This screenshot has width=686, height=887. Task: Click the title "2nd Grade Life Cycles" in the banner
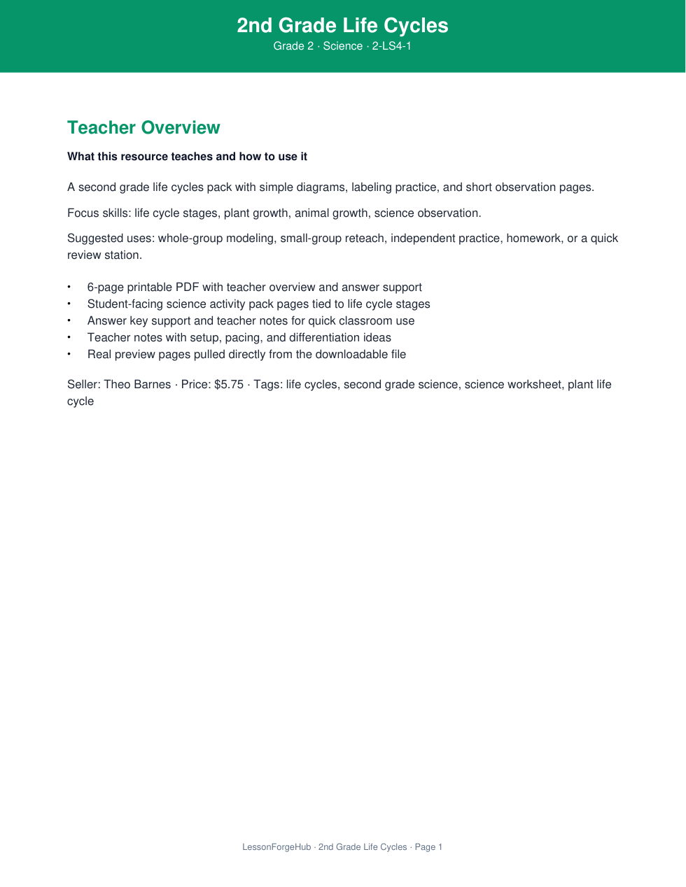pos(342,26)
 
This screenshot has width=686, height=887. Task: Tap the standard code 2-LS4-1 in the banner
pos(391,46)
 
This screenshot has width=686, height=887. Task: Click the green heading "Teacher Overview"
pos(143,128)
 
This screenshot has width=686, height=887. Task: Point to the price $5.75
pos(229,385)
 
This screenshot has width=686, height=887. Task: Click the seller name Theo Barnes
pos(137,385)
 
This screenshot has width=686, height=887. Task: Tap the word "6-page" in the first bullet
pos(106,288)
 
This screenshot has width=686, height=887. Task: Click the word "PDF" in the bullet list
pos(188,288)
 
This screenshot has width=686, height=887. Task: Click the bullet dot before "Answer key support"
pos(69,321)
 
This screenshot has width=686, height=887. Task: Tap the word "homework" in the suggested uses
pos(535,239)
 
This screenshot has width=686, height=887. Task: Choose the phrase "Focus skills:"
pos(99,213)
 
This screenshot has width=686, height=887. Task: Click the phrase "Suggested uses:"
pos(111,239)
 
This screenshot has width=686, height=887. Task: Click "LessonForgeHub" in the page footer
pos(276,847)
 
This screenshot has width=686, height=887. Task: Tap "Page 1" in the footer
pos(428,847)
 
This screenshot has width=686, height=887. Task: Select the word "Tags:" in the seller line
pos(268,385)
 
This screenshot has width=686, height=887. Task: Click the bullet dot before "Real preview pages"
pos(69,355)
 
